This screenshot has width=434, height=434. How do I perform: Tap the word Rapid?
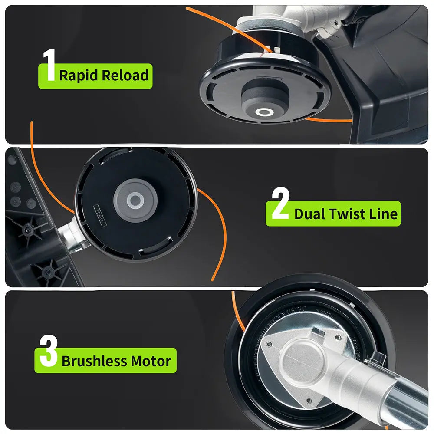pos(79,76)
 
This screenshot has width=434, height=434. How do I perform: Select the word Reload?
pos(125,75)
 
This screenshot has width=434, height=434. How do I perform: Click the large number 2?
pos(280,203)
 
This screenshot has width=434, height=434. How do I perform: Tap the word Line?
pos(384,214)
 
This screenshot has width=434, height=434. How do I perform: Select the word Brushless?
pos(94,361)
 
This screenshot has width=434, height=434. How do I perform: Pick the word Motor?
pos(151,361)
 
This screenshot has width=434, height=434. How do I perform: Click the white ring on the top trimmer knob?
pos(264,112)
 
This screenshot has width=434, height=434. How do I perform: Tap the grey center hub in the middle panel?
pos(135,200)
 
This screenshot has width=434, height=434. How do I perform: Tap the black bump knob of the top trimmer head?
pos(265,100)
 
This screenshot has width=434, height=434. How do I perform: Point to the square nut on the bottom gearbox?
pos(318,331)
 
